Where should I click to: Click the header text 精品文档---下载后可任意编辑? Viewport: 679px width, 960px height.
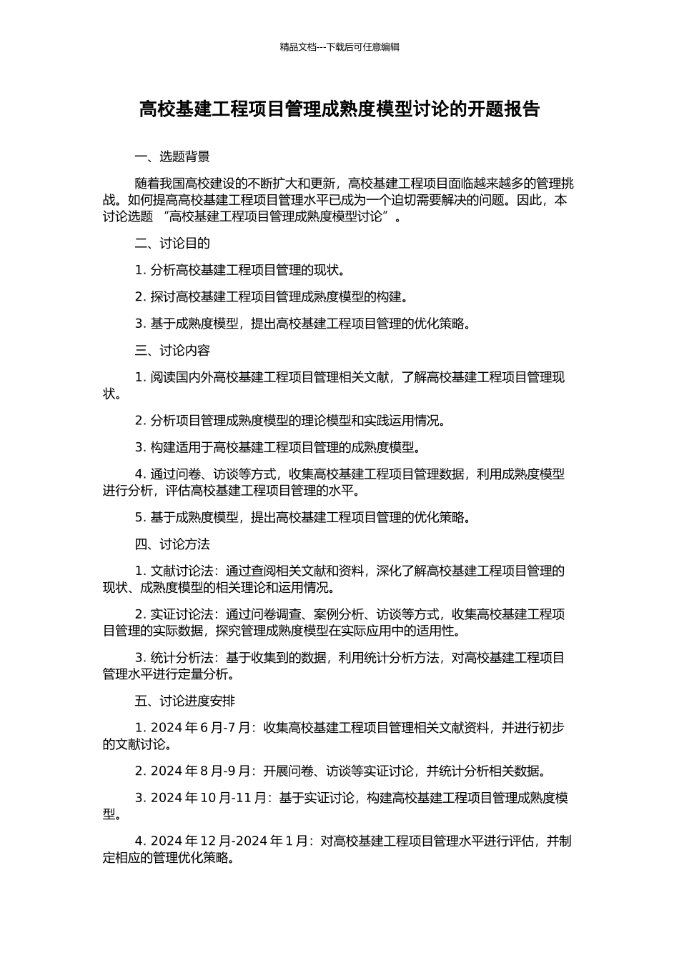click(339, 47)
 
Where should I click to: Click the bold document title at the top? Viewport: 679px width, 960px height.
click(339, 109)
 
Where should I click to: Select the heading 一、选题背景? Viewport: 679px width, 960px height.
click(172, 157)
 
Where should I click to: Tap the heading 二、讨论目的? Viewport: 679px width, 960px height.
click(172, 244)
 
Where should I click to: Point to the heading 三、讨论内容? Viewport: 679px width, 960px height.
click(172, 351)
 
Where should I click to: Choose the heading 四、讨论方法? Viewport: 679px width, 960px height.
click(172, 544)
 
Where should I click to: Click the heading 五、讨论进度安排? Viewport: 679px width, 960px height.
click(185, 701)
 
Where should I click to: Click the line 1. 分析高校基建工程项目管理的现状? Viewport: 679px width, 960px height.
click(242, 270)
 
